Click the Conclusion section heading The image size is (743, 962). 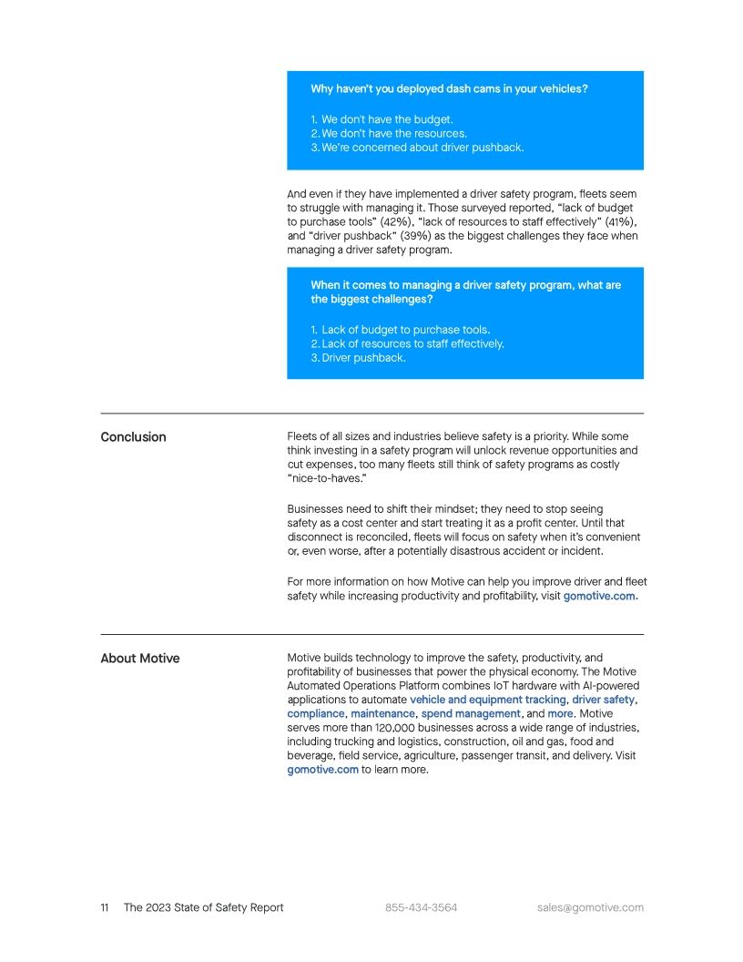click(133, 437)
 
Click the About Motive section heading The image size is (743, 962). click(139, 659)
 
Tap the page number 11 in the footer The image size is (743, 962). click(105, 907)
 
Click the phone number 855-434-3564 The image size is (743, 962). click(421, 907)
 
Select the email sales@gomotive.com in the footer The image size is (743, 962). click(590, 907)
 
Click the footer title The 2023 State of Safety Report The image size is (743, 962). click(203, 907)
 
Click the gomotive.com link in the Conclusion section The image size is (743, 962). click(598, 597)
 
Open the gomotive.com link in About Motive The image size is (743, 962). click(322, 770)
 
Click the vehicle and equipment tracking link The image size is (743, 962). click(487, 700)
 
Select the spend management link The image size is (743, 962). click(470, 714)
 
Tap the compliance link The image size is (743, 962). click(315, 714)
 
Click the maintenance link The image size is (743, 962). click(382, 714)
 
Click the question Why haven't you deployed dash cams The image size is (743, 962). click(448, 89)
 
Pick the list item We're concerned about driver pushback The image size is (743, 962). click(422, 148)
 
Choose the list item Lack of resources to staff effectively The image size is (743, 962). click(412, 344)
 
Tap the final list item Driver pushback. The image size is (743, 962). click(362, 358)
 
